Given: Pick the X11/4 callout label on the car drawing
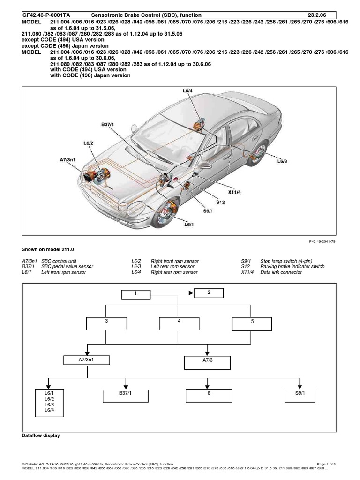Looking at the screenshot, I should point(235,192).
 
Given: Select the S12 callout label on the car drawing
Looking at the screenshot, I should point(221,202).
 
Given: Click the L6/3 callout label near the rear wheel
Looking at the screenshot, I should point(282,161).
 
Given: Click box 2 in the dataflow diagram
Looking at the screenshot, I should point(209,293).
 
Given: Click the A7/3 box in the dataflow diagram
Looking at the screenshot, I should point(207,362).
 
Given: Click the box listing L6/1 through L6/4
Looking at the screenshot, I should point(49,402).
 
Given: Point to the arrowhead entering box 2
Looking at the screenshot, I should point(191,293).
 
